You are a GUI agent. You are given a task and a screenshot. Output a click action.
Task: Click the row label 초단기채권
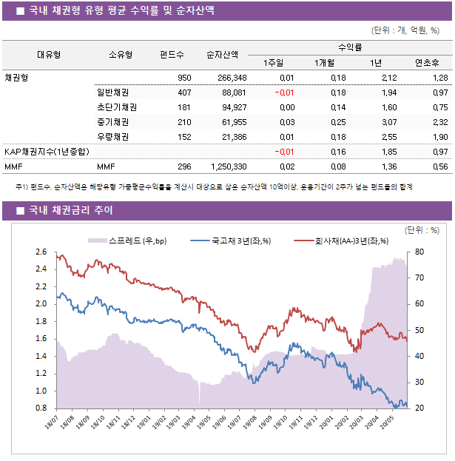click(112, 107)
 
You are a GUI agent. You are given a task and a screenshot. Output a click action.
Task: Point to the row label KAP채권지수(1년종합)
click(47, 152)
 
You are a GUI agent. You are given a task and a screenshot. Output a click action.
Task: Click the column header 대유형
click(49, 55)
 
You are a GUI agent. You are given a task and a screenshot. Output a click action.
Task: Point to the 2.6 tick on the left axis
click(41, 252)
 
